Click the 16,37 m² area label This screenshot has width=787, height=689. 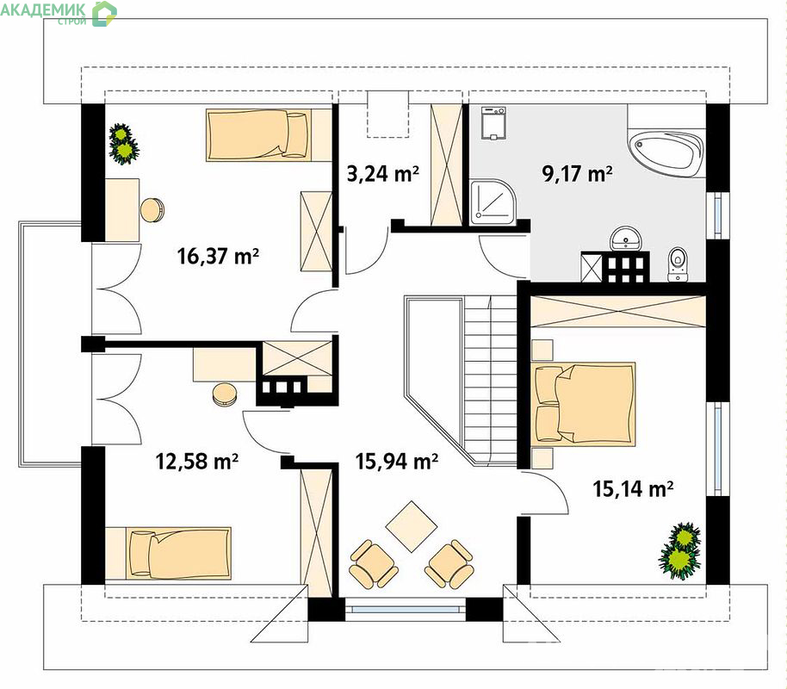[219, 256]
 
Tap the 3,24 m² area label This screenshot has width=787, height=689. [383, 174]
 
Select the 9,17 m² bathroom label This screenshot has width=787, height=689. [577, 174]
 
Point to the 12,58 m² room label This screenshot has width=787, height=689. [197, 461]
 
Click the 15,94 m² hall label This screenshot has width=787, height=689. [397, 461]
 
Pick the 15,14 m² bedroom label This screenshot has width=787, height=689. [634, 488]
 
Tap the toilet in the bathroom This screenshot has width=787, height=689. [677, 264]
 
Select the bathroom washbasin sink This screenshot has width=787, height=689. [625, 239]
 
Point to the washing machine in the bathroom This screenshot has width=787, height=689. [493, 122]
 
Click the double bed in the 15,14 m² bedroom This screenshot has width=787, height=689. [583, 404]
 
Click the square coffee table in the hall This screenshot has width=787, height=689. [412, 526]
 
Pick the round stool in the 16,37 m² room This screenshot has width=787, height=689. [152, 210]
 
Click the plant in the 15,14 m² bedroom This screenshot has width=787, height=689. [680, 550]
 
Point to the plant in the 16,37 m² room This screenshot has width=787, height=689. [123, 144]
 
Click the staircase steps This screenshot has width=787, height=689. [489, 380]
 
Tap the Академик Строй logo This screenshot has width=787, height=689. [59, 13]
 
